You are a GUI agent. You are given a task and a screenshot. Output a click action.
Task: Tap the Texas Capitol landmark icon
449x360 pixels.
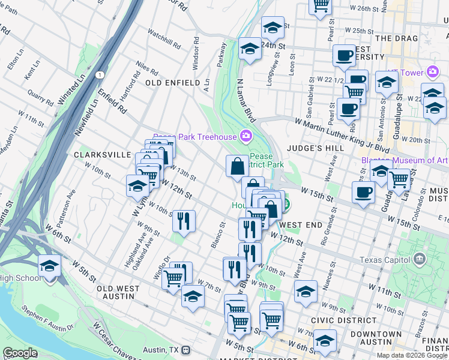pos(420,260)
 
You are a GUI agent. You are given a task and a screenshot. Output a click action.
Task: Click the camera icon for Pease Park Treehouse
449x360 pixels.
pos(245,137)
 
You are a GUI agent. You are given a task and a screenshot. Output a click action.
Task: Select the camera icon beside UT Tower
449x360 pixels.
pos(432,73)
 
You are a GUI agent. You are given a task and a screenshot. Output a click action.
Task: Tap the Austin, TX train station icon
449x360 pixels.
pos(186,349)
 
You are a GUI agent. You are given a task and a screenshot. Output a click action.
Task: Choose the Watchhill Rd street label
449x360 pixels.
pos(163,40)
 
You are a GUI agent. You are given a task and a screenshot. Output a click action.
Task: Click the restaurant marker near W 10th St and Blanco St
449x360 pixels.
pos(184,221)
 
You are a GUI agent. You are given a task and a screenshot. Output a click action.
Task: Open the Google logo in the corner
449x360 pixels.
pos(19,353)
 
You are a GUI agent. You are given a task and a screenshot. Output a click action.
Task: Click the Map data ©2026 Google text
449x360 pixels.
pos(412,355)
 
